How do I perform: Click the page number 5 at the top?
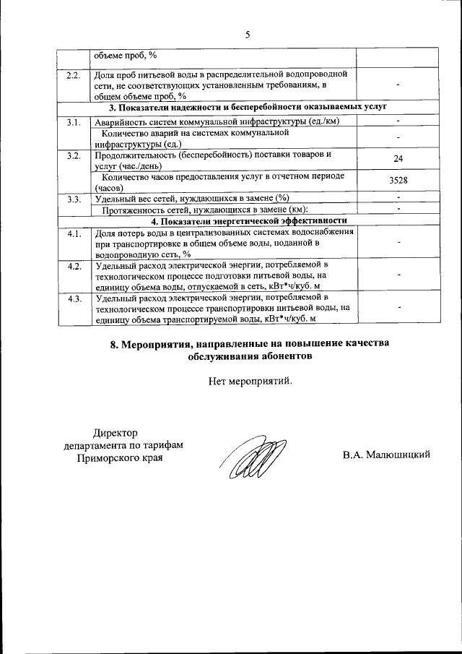coord(247,34)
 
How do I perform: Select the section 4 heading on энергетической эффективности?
coord(248,220)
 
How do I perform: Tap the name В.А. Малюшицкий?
coord(387,455)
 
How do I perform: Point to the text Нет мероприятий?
coord(250,381)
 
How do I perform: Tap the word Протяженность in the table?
coord(140,210)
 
